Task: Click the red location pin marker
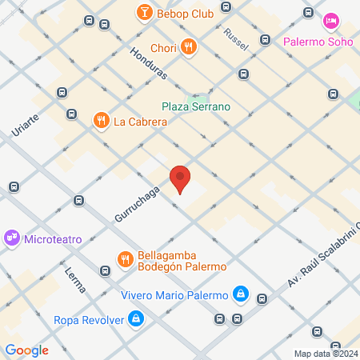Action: [180, 178]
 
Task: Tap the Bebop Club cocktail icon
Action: [144, 11]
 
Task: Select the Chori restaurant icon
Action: [189, 46]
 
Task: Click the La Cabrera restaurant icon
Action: [101, 122]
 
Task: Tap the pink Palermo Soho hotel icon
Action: [330, 21]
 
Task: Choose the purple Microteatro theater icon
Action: [12, 238]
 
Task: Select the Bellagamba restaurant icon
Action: [125, 259]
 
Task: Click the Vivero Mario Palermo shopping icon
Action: [240, 295]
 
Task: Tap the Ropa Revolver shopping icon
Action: [137, 320]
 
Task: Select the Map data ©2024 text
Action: [326, 354]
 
